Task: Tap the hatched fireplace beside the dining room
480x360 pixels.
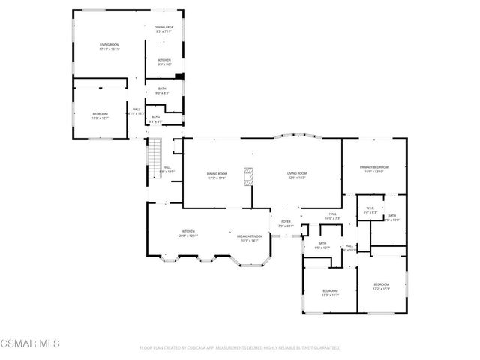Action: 248,175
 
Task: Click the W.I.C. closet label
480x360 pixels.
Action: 369,210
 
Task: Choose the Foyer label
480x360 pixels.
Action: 286,223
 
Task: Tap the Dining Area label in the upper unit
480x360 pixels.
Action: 163,28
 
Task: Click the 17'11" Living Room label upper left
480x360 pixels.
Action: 110,47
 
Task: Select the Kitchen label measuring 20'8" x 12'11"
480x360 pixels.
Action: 187,232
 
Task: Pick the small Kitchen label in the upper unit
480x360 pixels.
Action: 163,62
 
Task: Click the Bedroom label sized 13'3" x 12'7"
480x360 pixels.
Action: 100,115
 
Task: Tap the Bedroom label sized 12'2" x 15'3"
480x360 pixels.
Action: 382,286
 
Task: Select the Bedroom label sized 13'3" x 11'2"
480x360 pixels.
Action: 330,292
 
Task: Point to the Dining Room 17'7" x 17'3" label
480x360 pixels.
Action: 217,176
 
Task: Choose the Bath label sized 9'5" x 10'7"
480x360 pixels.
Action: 322,244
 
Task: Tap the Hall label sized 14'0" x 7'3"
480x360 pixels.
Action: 332,216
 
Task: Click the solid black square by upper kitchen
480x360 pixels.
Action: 179,76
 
